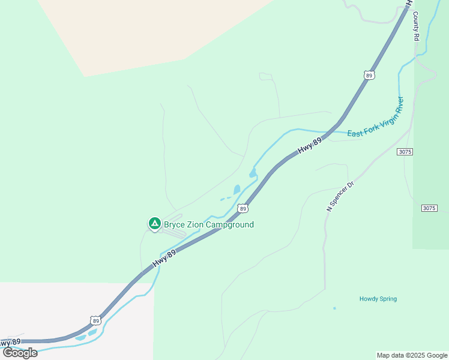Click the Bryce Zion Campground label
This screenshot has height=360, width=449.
209,225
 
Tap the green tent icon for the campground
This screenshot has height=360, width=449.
154,224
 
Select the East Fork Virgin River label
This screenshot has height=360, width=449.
376,116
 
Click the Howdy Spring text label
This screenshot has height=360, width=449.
378,299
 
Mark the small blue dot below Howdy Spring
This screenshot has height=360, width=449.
334,308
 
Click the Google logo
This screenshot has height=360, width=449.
20,353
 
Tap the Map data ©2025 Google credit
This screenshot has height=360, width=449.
412,355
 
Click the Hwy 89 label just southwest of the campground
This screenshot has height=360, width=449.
164,259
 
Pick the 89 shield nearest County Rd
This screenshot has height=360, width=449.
369,75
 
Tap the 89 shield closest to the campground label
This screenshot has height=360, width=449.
242,208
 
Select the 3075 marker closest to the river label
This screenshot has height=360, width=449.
405,152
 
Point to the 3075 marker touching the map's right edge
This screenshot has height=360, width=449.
429,208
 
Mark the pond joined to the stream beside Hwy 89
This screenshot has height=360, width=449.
253,174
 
